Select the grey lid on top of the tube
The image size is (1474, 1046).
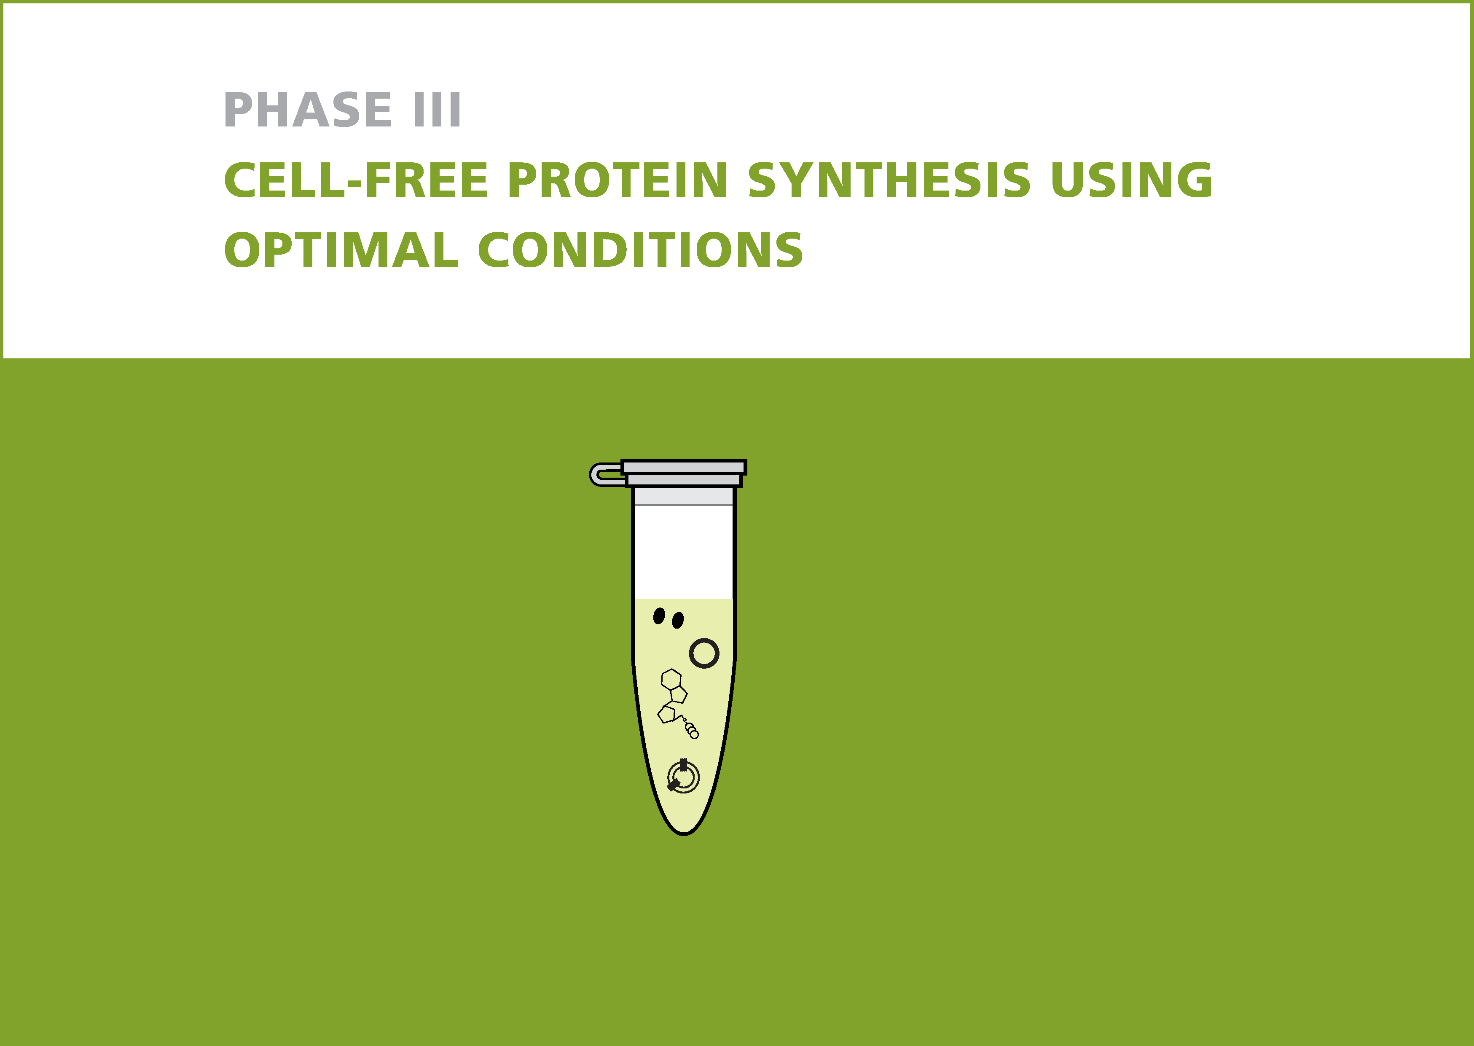pos(684,473)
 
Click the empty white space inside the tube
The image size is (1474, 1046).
pos(684,552)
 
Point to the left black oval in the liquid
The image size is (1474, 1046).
pos(659,616)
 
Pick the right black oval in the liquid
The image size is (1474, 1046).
pos(677,620)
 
